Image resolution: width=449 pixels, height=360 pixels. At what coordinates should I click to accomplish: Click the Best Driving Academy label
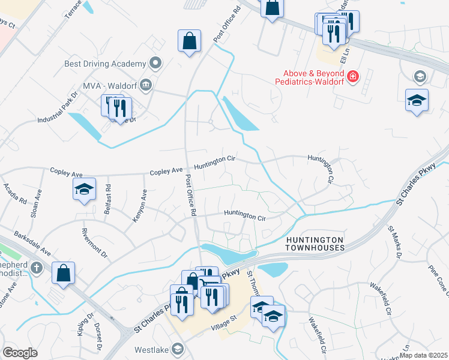(x=105, y=64)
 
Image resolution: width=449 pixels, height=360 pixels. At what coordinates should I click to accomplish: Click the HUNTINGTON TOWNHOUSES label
(x=315, y=243)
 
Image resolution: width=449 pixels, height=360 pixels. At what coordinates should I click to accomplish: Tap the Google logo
(x=20, y=353)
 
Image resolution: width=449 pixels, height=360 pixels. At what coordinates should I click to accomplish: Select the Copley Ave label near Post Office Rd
(x=166, y=171)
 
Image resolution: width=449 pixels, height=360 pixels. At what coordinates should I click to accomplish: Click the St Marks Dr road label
(x=394, y=245)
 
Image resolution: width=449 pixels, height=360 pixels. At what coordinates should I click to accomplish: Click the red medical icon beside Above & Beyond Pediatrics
(x=353, y=77)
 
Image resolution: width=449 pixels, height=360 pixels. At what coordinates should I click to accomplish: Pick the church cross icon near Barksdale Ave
(x=37, y=268)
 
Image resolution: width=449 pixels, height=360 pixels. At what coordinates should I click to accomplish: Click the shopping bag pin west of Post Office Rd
(x=189, y=41)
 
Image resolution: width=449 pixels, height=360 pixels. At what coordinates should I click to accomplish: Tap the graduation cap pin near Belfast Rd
(x=85, y=189)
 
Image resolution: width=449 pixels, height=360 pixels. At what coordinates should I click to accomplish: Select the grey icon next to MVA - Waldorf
(x=146, y=85)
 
